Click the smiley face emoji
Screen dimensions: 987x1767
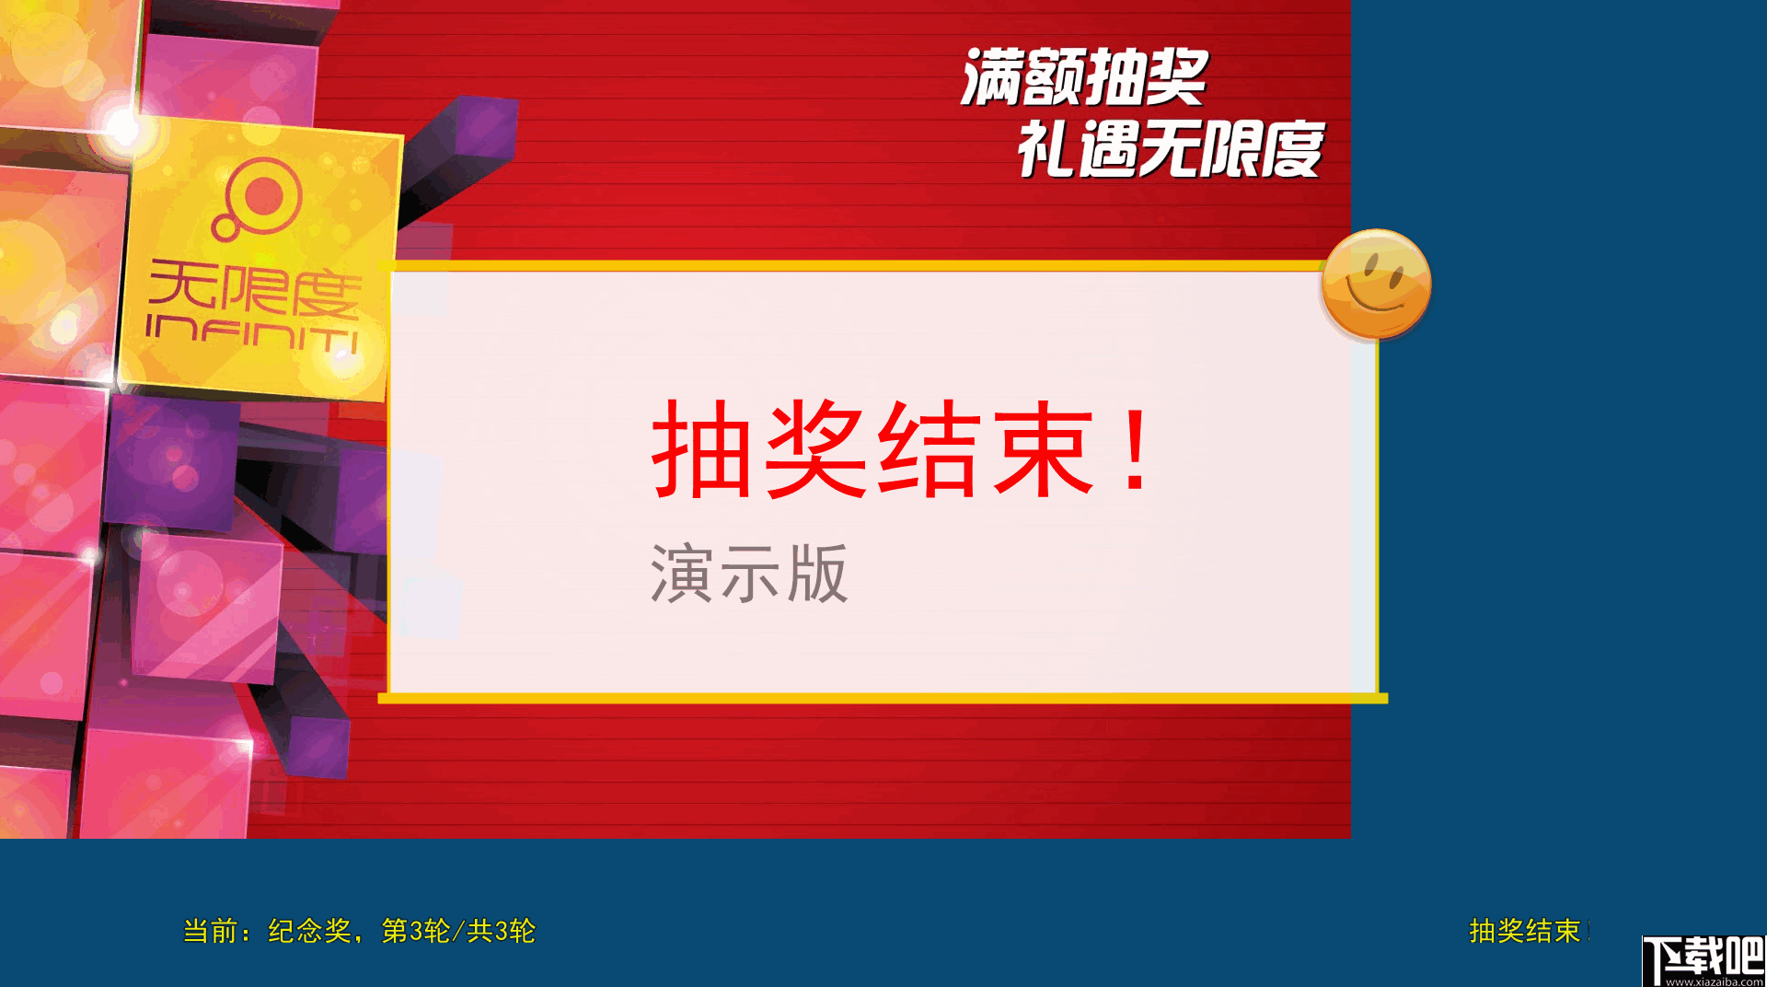tap(1376, 284)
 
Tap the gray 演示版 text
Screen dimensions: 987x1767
tap(749, 574)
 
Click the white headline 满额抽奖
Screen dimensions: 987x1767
tap(1084, 77)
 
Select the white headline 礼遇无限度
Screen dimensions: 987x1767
tap(1170, 149)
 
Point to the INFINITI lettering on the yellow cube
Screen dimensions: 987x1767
tap(252, 332)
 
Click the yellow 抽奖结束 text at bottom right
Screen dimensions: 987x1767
tap(1524, 931)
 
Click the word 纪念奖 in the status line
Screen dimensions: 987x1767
tap(309, 931)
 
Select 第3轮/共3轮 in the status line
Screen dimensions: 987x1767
tap(458, 931)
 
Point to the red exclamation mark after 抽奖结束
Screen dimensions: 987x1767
tap(1138, 449)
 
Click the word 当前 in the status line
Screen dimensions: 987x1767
tap(211, 931)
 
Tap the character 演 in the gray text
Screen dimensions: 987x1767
tap(681, 574)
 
